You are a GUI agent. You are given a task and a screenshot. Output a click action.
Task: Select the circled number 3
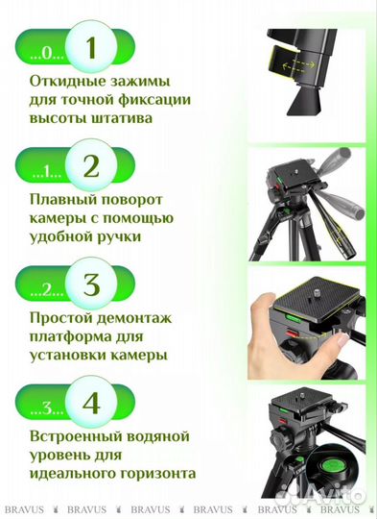[91, 286]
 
